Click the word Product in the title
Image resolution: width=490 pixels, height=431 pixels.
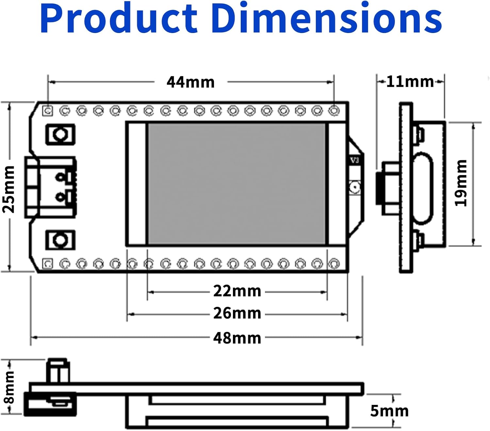coord(119,19)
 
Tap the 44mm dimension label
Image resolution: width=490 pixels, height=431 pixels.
coord(190,82)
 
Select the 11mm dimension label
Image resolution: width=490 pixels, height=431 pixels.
coord(410,81)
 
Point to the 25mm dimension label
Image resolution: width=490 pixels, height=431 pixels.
coord(9,189)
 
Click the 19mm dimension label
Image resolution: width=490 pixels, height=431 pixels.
coord(461,183)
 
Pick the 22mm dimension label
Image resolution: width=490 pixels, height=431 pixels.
coord(237,291)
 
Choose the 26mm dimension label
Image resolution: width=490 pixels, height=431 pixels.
coord(237,313)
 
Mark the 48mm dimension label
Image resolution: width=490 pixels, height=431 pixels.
coord(237,338)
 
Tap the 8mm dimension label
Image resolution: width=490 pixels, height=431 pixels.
coord(9,387)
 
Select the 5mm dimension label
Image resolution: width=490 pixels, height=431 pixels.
coord(389,411)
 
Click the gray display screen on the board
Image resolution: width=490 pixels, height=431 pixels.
coord(237,184)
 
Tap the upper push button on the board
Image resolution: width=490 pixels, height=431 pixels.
coord(60,134)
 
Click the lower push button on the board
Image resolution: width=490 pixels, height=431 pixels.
coord(60,240)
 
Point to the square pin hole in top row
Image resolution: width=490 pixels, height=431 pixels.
coord(48,111)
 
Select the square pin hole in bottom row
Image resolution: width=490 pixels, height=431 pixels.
coord(48,263)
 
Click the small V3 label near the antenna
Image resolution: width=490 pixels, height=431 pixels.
coord(354,160)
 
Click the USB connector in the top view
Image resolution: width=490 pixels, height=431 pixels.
coord(51,187)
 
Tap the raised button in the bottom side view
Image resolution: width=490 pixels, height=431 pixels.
coord(58,371)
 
